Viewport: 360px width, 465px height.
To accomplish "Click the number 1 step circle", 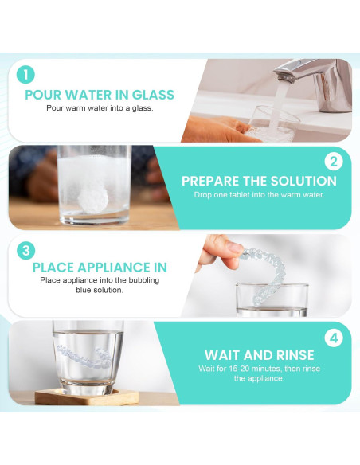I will point(26,75).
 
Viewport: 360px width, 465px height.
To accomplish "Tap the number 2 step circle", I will point(335,162).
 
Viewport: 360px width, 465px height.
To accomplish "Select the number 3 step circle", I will point(26,249).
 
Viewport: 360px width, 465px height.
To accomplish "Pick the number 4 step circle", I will point(335,338).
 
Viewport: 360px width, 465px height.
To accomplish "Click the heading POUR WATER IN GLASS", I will point(100,95).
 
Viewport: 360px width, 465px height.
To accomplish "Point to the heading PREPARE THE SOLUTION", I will point(259,181).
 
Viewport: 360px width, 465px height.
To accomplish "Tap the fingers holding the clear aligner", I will point(220,247).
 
